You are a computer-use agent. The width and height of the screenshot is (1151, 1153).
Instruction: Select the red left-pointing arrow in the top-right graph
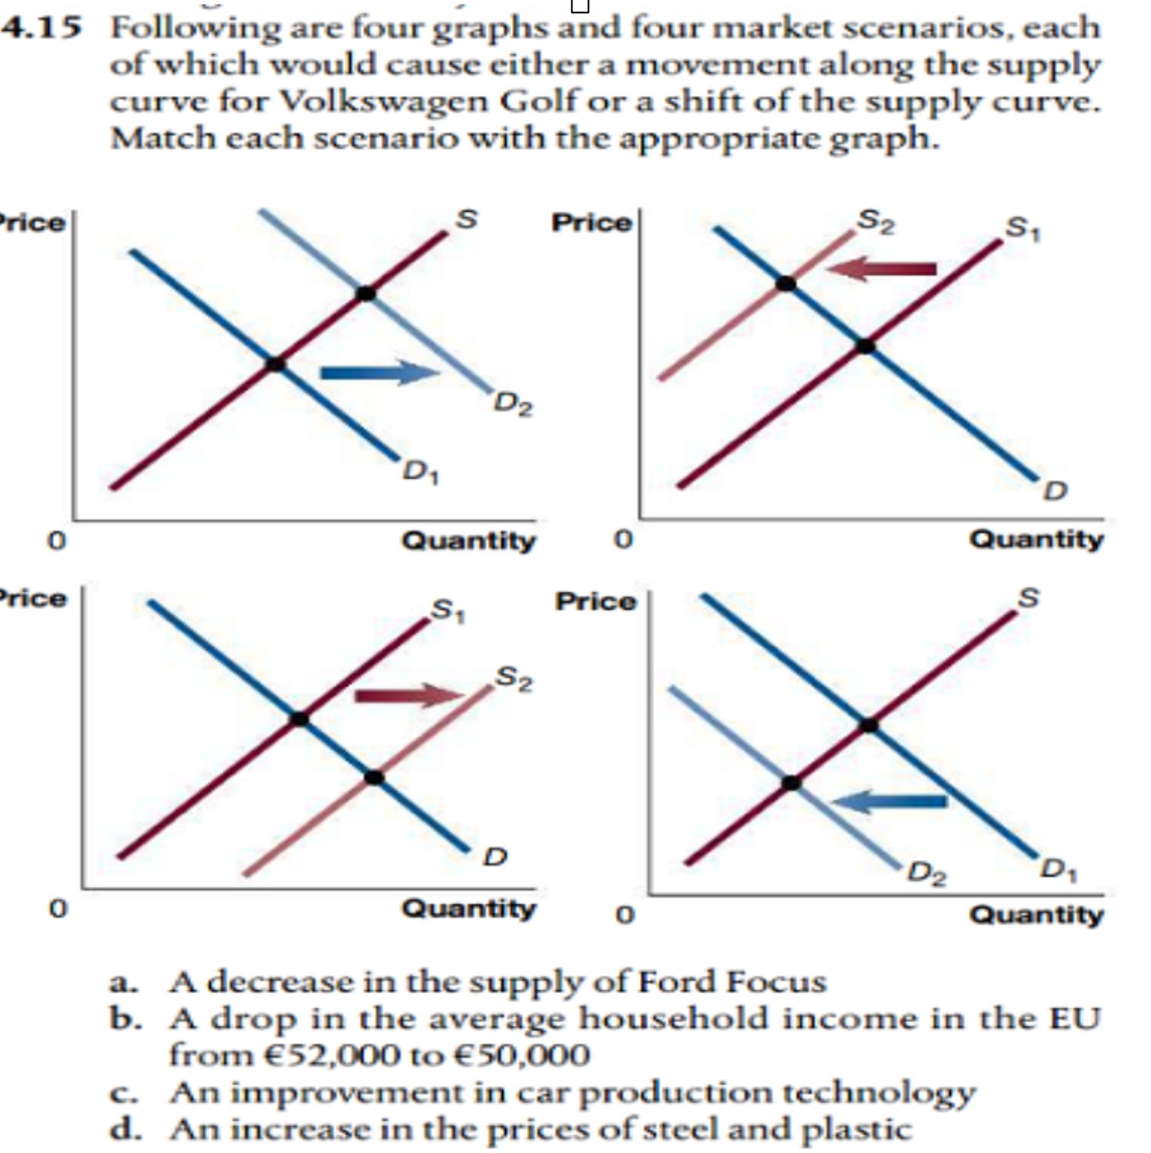(882, 268)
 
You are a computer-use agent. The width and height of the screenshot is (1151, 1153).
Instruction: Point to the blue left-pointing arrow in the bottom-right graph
(889, 801)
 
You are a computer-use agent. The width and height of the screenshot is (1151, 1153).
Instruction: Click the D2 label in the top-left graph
(513, 405)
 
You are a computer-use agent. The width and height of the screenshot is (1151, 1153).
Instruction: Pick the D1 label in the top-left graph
(421, 473)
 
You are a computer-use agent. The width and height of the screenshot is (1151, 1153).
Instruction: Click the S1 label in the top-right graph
(1023, 228)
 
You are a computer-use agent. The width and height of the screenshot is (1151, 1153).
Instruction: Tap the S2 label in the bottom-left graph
(513, 677)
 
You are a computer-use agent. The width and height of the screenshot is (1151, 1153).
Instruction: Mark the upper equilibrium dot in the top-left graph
(366, 292)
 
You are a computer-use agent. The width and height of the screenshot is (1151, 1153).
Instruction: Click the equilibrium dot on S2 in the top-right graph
(785, 284)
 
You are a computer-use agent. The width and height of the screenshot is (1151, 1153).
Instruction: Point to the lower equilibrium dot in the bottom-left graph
(374, 777)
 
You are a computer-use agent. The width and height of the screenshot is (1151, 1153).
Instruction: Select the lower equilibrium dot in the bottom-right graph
(791, 783)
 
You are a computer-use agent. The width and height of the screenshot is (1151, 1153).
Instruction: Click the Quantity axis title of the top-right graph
(1035, 539)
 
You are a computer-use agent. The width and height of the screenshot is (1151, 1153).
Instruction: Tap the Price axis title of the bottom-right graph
(595, 601)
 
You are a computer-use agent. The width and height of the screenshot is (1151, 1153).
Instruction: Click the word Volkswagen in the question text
(384, 101)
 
